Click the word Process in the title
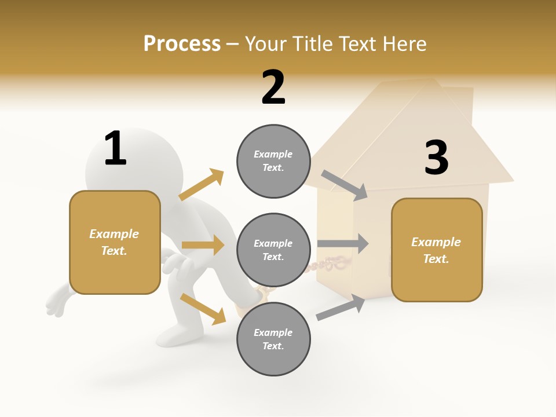click(182, 43)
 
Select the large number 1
click(115, 149)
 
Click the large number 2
click(273, 87)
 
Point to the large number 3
click(436, 158)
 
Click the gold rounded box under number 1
click(115, 242)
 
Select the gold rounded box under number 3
click(437, 250)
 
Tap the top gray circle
click(273, 161)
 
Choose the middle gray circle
click(273, 250)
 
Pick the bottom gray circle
click(273, 339)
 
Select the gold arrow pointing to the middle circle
click(203, 245)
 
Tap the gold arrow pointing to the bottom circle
click(203, 308)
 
